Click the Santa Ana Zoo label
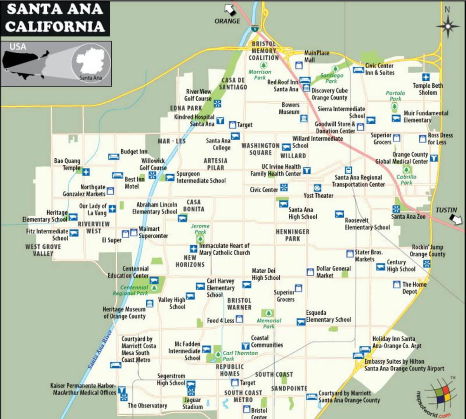point(408,217)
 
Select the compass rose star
point(448,26)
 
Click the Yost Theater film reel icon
point(317,188)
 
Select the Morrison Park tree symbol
point(264,65)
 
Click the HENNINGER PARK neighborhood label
point(293,235)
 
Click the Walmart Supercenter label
point(153,232)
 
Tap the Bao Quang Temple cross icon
point(86,172)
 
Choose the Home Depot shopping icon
point(397,285)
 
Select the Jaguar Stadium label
point(192,403)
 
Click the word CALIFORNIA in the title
point(55,26)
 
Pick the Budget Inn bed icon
point(114,156)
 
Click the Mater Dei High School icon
point(246,285)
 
